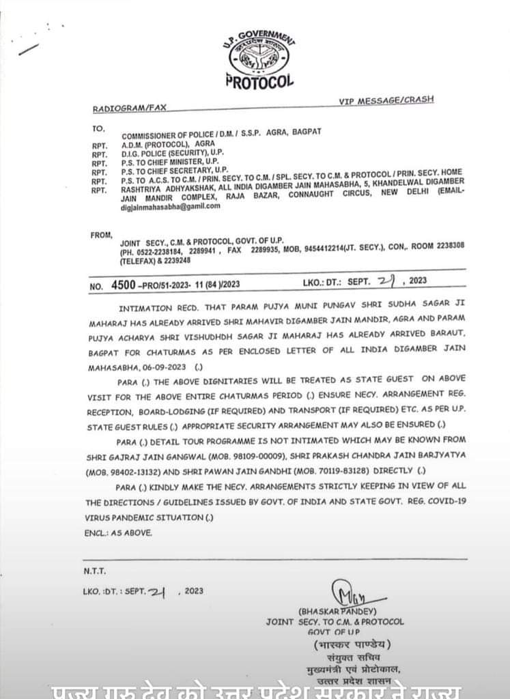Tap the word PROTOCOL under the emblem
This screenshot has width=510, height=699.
click(x=259, y=82)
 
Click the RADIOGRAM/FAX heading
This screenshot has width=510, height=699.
click(x=129, y=108)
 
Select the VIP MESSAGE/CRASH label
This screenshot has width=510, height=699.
click(x=386, y=100)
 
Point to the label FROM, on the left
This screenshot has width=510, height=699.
click(x=100, y=235)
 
